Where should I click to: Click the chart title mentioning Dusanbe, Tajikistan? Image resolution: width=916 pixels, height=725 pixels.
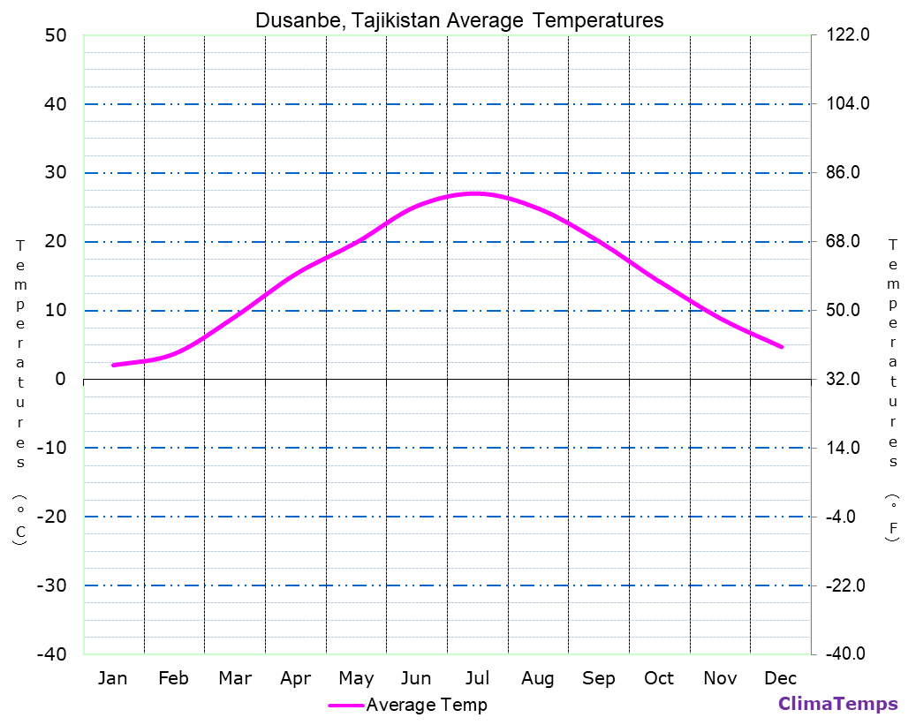459,19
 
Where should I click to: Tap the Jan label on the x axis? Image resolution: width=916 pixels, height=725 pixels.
112,678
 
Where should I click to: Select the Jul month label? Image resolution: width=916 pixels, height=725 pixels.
477,678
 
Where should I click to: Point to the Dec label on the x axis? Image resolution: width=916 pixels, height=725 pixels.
781,678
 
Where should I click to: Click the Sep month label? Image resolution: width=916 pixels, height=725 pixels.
599,678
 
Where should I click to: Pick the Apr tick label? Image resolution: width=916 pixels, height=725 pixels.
295,678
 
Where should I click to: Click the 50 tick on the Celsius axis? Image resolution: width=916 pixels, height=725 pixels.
55,35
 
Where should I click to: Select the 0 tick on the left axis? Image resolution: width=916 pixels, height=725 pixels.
60,379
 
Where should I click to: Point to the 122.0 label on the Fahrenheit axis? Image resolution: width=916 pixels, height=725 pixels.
848,35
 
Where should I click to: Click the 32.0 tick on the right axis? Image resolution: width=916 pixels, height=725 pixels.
848,379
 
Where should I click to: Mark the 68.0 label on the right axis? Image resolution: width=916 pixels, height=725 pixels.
848,242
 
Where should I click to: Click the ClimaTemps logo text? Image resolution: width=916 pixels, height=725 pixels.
837,704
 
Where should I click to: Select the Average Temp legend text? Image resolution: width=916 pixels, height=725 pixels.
426,705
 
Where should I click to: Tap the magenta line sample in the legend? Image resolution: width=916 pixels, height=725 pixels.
345,705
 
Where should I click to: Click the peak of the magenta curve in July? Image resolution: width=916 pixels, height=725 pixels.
475,193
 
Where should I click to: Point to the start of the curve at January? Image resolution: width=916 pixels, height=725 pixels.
113,365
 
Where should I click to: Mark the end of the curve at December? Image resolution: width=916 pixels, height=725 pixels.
782,347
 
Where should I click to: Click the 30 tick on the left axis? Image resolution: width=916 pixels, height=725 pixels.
55,173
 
